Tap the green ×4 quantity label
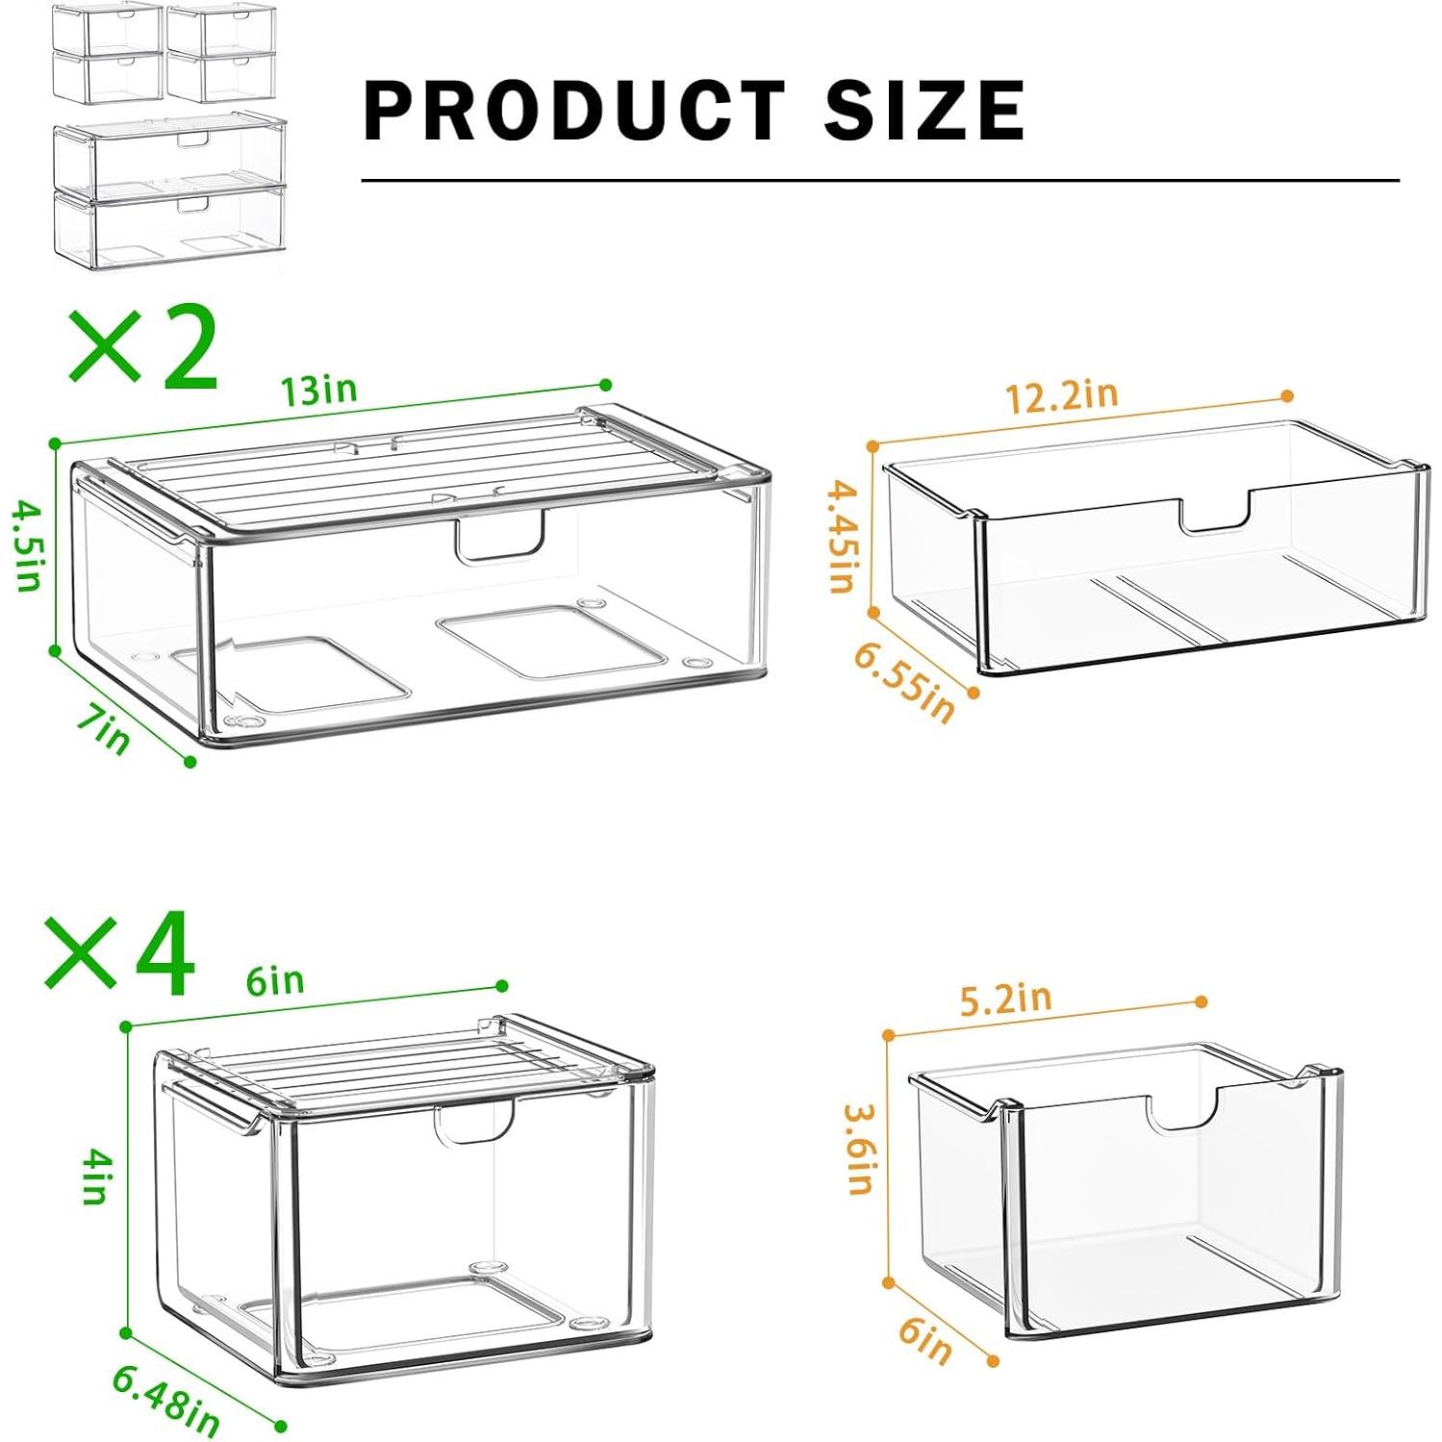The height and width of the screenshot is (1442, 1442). tap(120, 953)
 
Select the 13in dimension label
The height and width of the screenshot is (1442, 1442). tap(318, 391)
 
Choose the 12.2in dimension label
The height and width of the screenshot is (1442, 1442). tap(1062, 395)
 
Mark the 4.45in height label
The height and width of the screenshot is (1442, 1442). tap(843, 537)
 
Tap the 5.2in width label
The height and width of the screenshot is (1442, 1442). tap(1006, 999)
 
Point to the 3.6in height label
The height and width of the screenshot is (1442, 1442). tap(860, 1149)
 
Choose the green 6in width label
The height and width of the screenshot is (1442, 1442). tap(275, 981)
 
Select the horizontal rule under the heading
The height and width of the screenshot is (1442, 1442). tap(880, 180)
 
